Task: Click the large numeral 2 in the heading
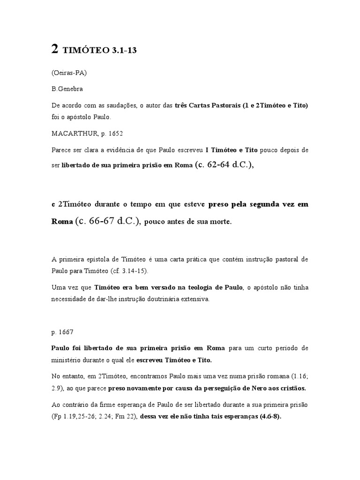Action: pos(55,50)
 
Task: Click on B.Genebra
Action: pos(68,89)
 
